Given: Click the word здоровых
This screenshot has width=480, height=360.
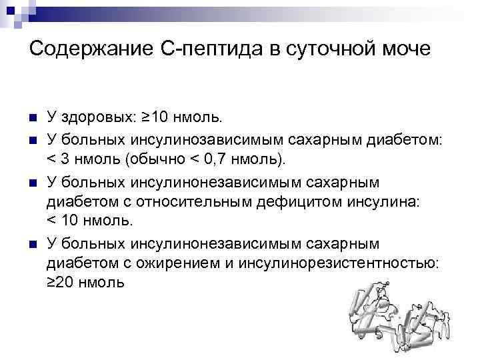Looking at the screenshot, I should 96,118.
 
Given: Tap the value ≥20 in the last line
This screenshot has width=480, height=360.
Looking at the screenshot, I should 62,283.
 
